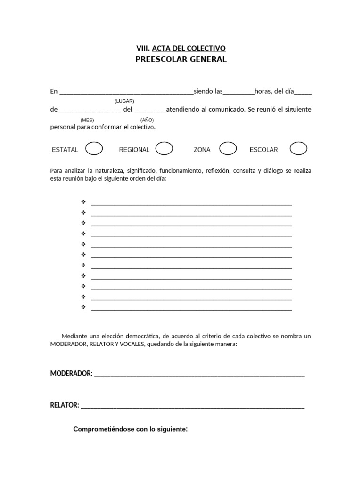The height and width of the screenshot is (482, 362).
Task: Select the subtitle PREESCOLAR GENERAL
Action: [x=181, y=59]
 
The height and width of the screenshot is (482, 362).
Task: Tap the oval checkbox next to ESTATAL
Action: [x=94, y=149]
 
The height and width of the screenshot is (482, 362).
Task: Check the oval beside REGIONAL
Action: [x=164, y=149]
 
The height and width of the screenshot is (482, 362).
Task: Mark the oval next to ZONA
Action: [x=228, y=149]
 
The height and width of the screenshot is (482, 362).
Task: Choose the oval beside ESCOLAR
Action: [x=298, y=149]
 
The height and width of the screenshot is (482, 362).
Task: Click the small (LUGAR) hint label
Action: [x=124, y=101]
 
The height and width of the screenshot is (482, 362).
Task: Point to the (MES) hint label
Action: [x=87, y=120]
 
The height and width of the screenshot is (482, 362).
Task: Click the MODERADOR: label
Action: [x=71, y=374]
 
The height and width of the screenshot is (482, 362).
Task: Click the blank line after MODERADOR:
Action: [x=199, y=376]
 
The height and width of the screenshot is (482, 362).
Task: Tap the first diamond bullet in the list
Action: [x=83, y=202]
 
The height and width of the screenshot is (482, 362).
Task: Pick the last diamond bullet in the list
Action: [x=83, y=307]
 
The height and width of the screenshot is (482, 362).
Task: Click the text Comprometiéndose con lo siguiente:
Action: [x=131, y=429]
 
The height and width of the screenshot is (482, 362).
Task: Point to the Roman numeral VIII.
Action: [x=142, y=48]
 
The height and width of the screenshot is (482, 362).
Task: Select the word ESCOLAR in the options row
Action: [x=263, y=150]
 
